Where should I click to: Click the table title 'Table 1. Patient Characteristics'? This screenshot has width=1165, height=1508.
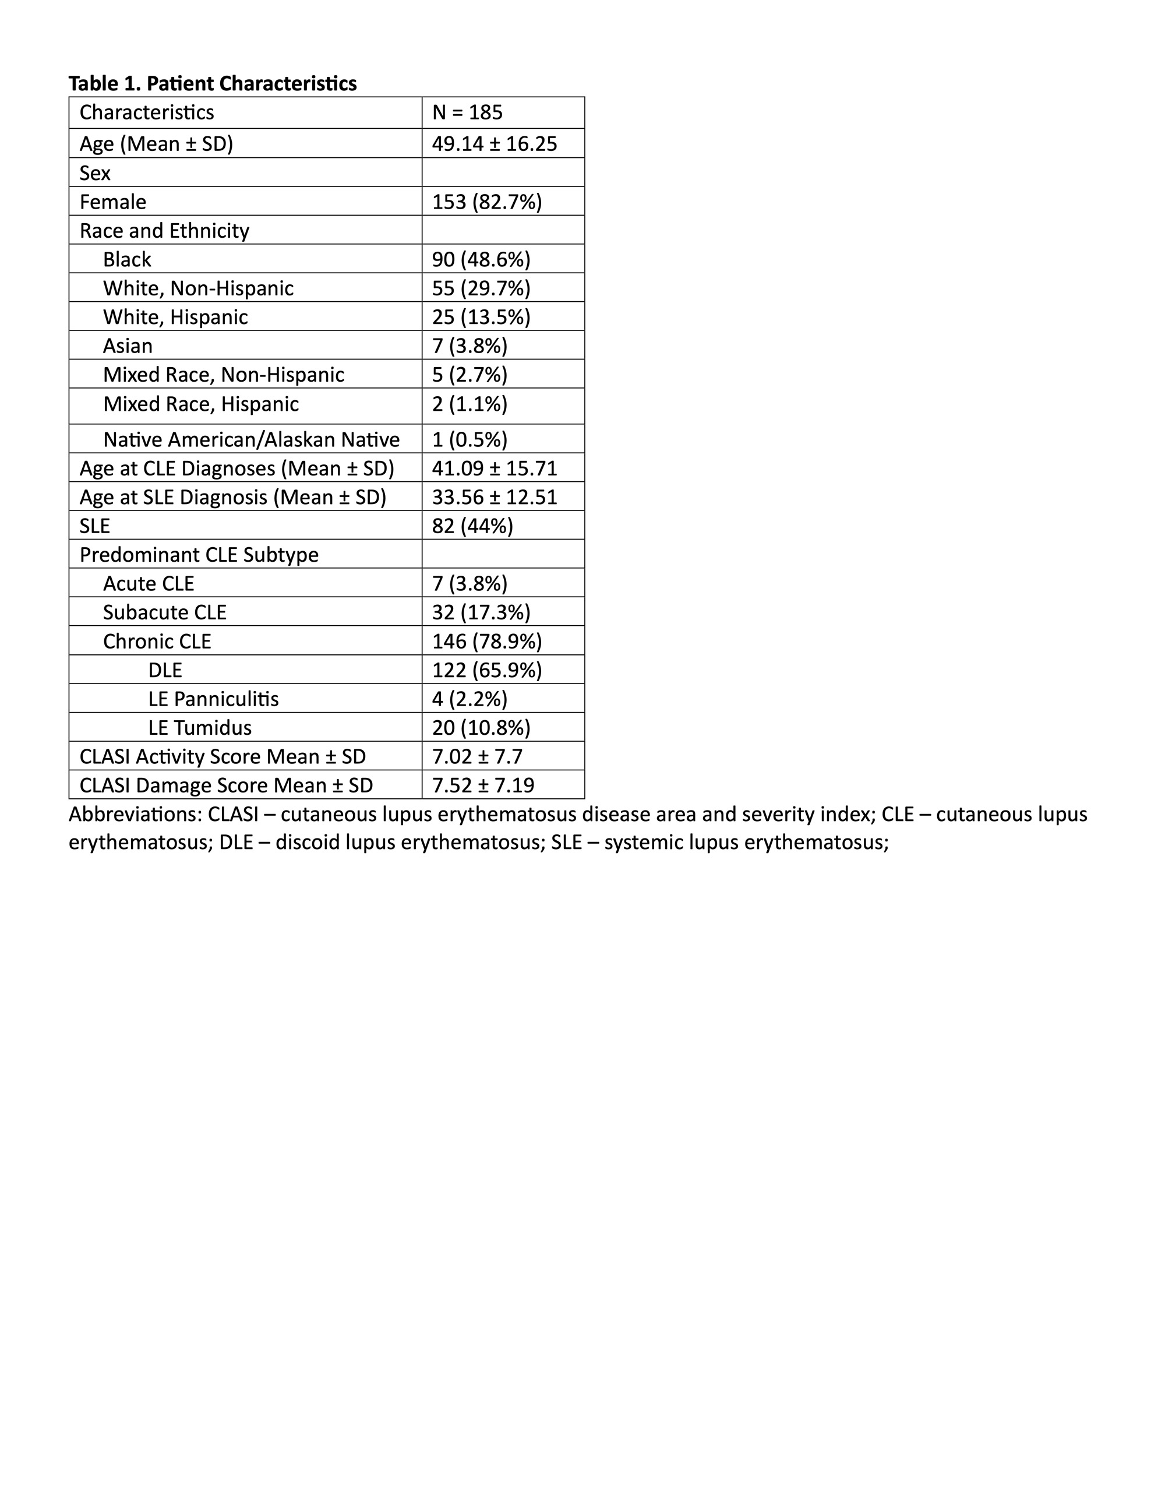coord(213,83)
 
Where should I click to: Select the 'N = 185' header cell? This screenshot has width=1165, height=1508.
coord(467,112)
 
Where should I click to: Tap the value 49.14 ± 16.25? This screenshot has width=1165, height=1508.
coord(494,143)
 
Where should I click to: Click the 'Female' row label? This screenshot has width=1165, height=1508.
coord(112,202)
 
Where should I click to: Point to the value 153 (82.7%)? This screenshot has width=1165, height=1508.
coord(486,202)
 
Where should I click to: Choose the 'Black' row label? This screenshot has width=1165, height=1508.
coord(127,260)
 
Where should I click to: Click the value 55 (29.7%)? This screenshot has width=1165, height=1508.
coord(481,288)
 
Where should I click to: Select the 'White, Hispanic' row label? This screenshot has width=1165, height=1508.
coord(175,317)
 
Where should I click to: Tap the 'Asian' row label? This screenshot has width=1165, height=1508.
coord(128,346)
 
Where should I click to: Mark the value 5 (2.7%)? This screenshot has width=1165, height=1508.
coord(469,374)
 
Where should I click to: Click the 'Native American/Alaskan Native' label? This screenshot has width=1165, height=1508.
coord(251,440)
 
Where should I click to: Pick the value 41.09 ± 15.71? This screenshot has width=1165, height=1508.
coord(494,468)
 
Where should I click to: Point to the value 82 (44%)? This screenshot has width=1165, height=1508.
coord(473,526)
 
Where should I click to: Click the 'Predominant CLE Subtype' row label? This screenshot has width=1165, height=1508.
coord(199,555)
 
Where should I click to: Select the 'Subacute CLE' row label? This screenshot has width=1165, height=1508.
coord(164,612)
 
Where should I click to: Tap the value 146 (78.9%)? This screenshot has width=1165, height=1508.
coord(486,642)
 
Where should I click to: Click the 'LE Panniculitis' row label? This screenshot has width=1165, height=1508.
coord(213,699)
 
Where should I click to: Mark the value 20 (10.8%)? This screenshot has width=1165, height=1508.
coord(481,728)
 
